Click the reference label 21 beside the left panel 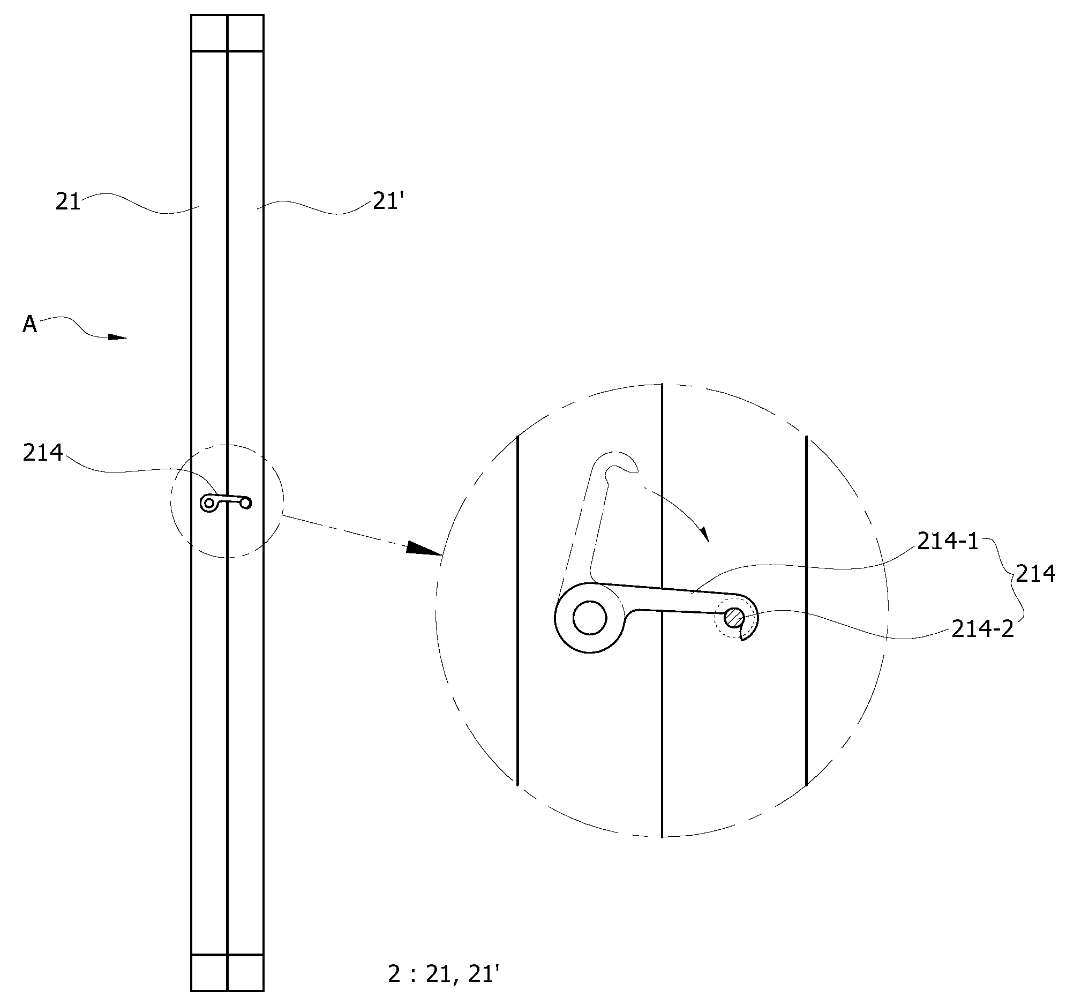tap(68, 201)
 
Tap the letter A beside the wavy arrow tap(29, 324)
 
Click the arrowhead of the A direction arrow tap(117, 337)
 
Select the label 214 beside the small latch tap(43, 453)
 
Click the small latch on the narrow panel tap(226, 502)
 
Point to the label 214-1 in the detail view tap(948, 541)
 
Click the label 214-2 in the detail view tap(983, 629)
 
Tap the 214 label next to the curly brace tap(1035, 573)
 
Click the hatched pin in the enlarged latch tap(734, 617)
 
